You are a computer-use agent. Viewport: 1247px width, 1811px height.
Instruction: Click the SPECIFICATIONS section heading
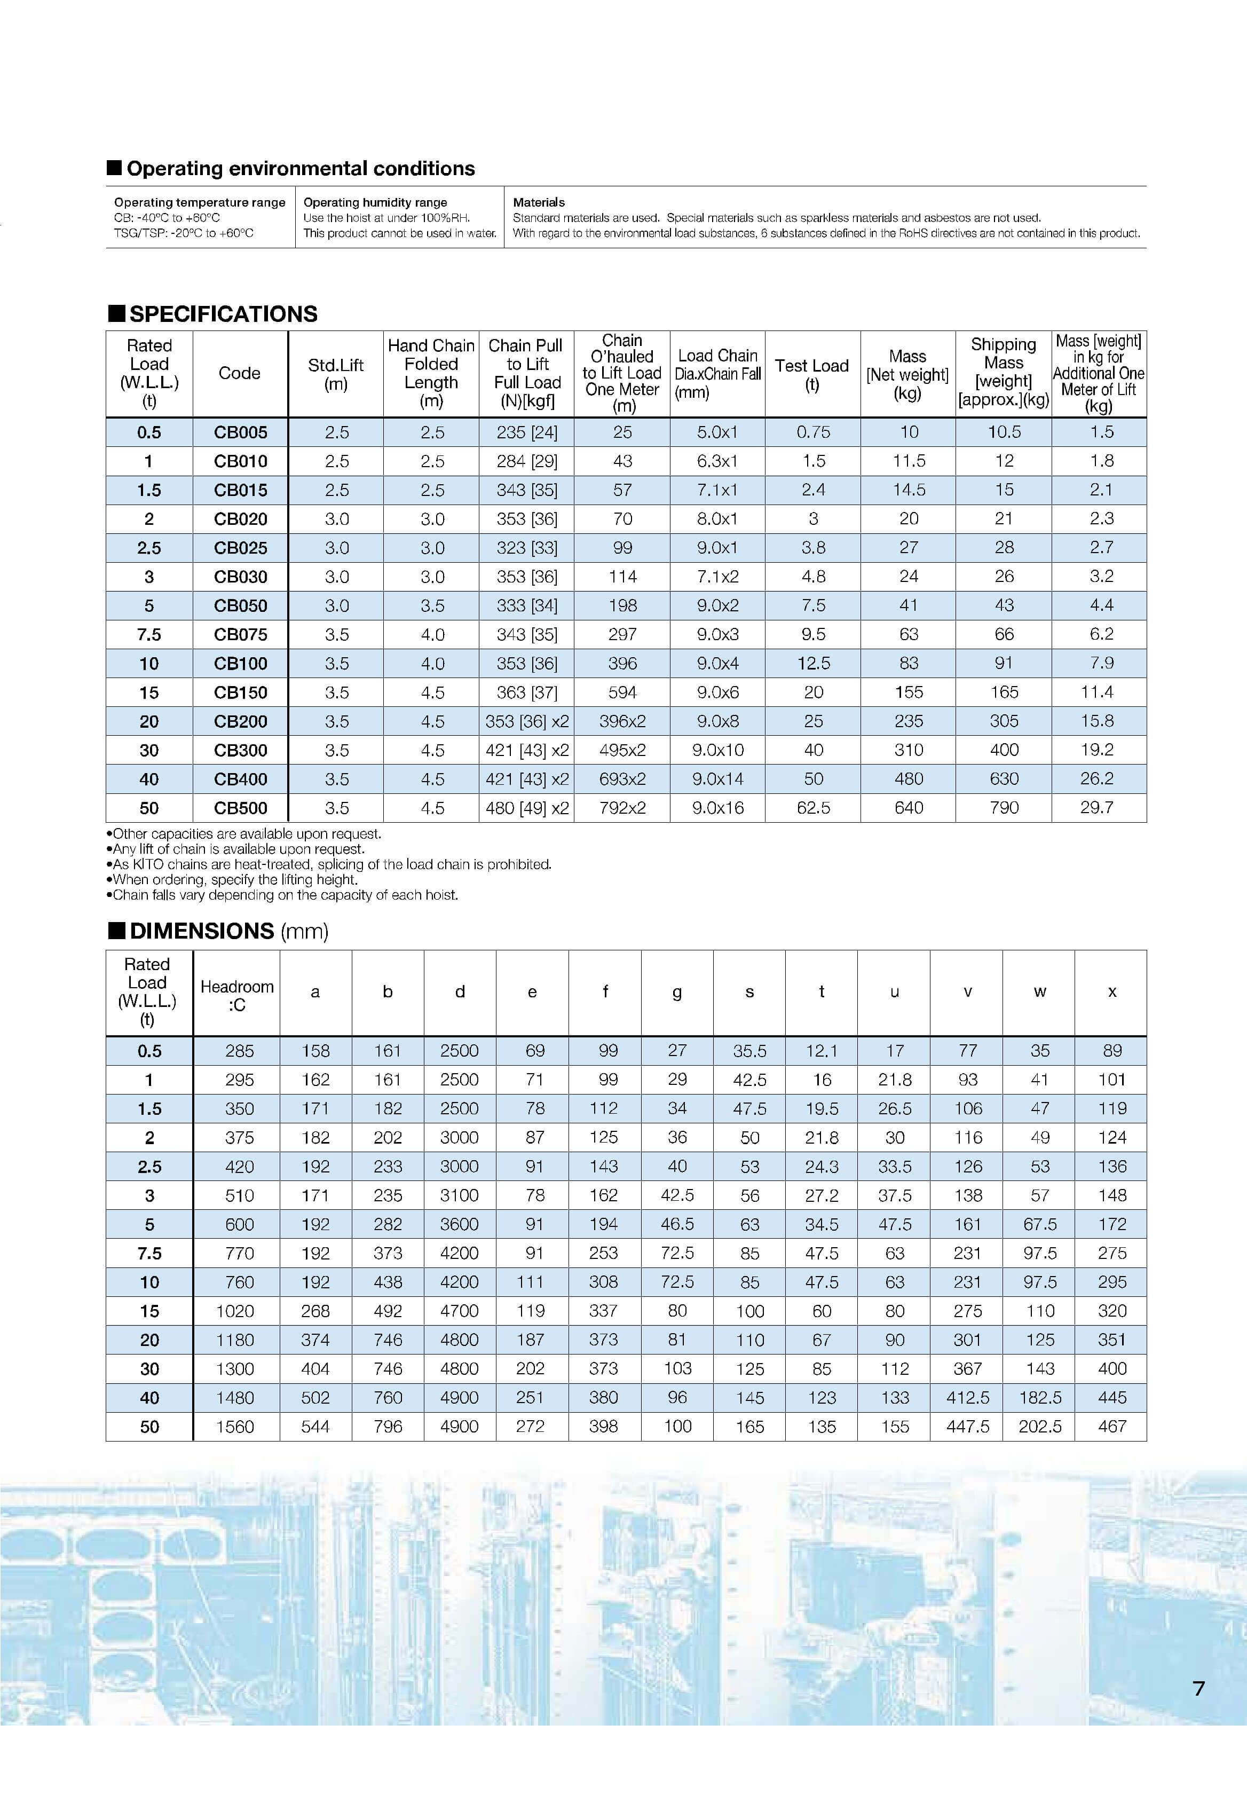point(223,314)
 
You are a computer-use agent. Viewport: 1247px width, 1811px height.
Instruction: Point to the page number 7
point(1198,1688)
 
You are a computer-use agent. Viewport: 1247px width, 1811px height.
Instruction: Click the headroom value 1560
point(235,1427)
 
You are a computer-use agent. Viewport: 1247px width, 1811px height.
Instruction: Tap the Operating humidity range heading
point(375,202)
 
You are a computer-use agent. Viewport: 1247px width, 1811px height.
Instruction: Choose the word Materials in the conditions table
point(538,202)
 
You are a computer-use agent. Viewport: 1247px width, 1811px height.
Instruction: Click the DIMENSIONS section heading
point(202,931)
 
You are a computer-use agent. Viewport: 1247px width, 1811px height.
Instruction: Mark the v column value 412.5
point(967,1398)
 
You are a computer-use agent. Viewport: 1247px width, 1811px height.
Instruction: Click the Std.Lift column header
point(335,373)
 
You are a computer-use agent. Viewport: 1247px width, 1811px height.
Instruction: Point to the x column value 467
point(1112,1427)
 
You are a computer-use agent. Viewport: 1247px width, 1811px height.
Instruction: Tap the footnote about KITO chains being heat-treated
point(332,864)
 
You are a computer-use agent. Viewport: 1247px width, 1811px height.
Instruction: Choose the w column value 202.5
point(1039,1427)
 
